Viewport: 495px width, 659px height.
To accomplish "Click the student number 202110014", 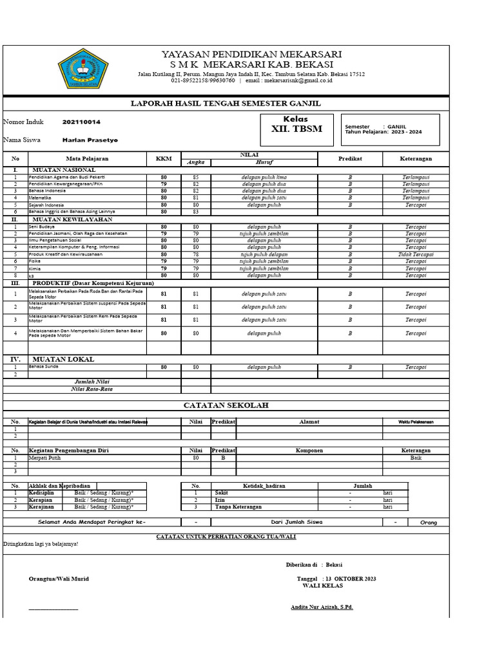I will tap(81, 122).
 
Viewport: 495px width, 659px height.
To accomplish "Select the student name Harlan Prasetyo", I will tap(90, 140).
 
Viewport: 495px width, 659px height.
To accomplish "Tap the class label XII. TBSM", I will tap(296, 129).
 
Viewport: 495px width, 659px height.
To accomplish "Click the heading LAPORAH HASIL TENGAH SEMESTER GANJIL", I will tap(226, 104).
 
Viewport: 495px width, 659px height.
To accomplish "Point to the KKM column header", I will tap(164, 158).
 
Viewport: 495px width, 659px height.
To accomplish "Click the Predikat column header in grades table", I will tap(350, 158).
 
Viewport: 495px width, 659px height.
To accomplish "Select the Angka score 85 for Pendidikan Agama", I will tap(196, 177).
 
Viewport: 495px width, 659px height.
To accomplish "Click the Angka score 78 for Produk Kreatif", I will tap(196, 254).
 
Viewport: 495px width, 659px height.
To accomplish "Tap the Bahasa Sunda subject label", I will tap(44, 367).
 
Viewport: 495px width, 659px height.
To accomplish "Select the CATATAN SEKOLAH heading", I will tap(226, 405).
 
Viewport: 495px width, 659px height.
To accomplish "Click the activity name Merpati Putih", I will tap(45, 458).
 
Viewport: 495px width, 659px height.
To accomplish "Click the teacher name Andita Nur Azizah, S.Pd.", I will tap(322, 607).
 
